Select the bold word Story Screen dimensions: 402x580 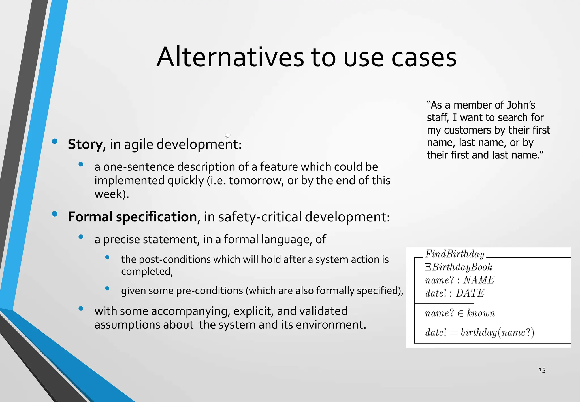tap(85, 144)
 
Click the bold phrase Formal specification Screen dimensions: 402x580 tap(132, 217)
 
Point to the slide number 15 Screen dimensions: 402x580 tap(542, 370)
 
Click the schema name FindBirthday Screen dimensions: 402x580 tap(455, 254)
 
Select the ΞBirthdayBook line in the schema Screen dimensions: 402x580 tap(458, 267)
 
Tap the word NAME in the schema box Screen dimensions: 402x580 tap(479, 280)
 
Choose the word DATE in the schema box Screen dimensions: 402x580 tap(470, 293)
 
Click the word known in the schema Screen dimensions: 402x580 tap(481, 313)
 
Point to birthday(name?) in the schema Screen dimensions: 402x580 tap(497, 332)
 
